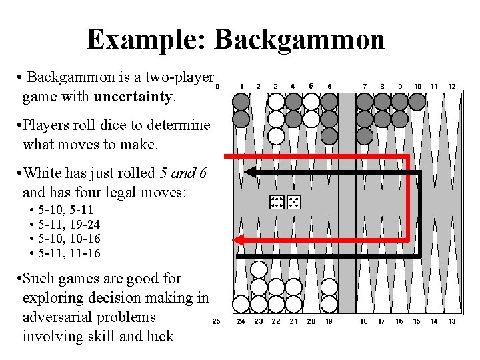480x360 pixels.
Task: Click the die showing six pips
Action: click(277, 202)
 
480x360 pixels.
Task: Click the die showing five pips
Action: click(295, 202)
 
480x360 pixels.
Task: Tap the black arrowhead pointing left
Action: click(249, 172)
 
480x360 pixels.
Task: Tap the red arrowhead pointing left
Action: click(239, 239)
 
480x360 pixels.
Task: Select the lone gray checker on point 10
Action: click(417, 101)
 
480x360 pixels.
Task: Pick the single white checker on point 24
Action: click(241, 304)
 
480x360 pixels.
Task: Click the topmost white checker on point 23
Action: click(259, 270)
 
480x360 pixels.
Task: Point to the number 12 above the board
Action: click(451, 87)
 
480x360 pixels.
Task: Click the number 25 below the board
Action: click(217, 321)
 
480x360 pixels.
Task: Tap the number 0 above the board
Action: click(217, 87)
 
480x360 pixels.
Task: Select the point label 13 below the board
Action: click(451, 321)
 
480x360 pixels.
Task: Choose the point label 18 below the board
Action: click(364, 321)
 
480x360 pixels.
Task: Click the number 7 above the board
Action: click(364, 87)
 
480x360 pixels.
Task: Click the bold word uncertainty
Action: click(133, 97)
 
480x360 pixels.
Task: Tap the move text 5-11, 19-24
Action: click(69, 224)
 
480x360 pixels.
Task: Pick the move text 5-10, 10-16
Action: click(69, 239)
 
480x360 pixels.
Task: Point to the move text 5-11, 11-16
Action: click(69, 253)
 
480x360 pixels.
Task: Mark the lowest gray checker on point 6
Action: click(329, 136)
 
